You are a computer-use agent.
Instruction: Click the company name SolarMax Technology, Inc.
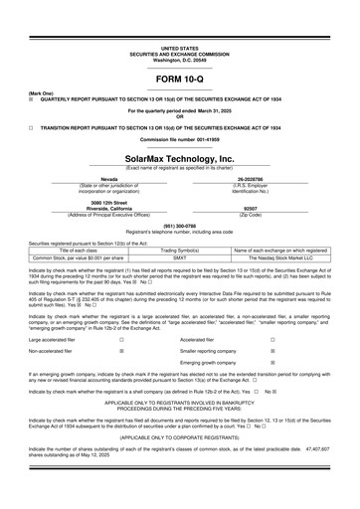(179, 159)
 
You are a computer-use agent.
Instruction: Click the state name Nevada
(96, 180)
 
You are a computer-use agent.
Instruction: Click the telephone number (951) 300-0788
(179, 227)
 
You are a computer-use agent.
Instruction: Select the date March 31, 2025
(205, 110)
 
